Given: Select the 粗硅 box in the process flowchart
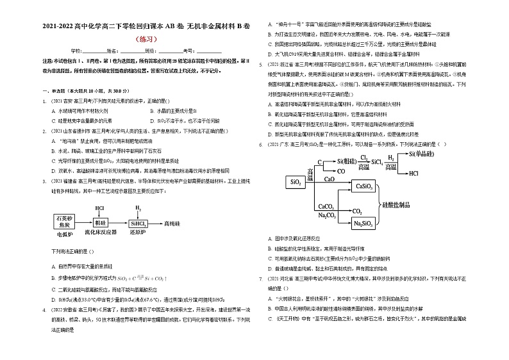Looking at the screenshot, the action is click(x=100, y=223).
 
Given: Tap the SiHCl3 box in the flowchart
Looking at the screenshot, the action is click(x=138, y=223).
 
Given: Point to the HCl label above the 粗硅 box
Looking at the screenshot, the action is click(x=100, y=208).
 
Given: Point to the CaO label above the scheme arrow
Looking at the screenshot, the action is click(x=329, y=181).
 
